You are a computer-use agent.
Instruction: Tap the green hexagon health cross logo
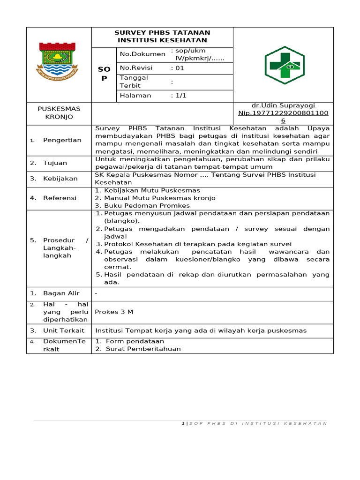point(284,65)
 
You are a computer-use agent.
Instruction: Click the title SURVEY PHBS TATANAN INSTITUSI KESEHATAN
point(162,37)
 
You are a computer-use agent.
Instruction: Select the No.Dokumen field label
point(142,54)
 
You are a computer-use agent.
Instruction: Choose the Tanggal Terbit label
point(134,82)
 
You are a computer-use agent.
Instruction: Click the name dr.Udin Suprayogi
point(283,105)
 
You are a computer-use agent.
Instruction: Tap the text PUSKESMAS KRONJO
point(59,113)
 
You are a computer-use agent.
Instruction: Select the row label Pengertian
point(62,140)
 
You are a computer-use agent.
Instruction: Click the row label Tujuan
point(55,163)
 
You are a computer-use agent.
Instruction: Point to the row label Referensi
point(60,198)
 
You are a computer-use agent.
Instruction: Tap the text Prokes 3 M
point(114,312)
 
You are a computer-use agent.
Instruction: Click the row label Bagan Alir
point(61,293)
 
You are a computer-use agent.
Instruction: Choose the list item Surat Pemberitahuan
point(143,349)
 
